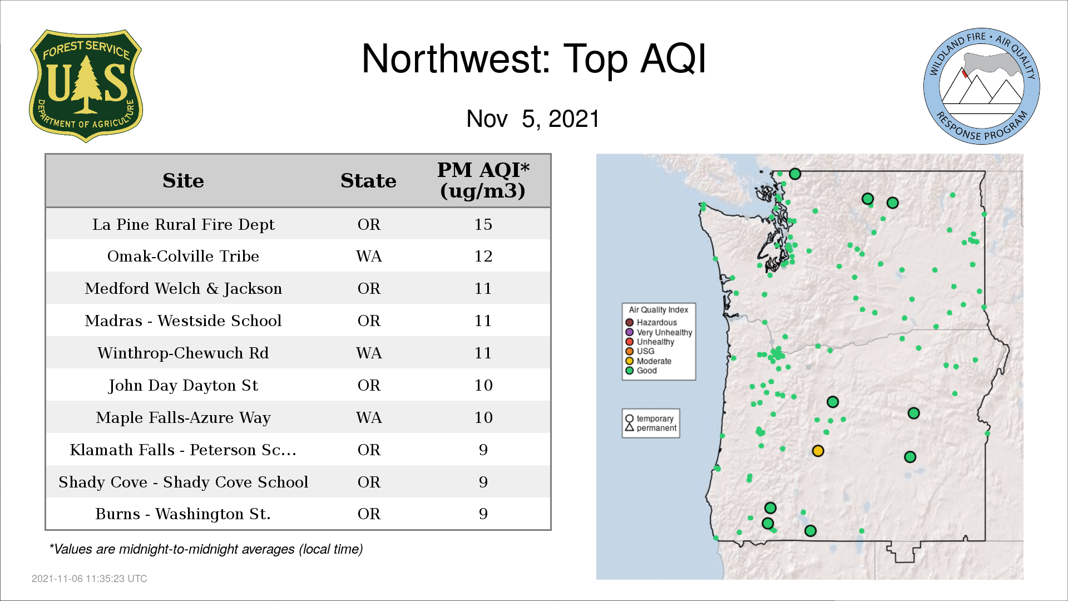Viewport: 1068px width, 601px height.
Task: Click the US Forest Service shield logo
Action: [86, 86]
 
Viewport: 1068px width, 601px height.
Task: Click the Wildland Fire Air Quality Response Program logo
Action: [981, 86]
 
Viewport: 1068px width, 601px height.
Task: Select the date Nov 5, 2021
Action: [533, 119]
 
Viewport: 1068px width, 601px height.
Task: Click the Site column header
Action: [183, 181]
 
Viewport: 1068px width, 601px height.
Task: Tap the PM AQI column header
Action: [483, 180]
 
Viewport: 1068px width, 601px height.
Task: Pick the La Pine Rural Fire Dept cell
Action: [183, 224]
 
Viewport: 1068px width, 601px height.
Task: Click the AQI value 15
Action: [483, 224]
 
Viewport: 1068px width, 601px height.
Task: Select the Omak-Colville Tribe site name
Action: [183, 256]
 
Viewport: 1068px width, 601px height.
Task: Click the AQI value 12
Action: [483, 256]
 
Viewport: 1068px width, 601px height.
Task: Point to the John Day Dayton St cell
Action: [183, 385]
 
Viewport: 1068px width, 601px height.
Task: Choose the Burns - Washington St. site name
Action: [183, 514]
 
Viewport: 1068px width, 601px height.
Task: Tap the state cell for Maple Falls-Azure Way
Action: [369, 417]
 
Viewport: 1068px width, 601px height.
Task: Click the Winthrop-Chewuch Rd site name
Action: [183, 353]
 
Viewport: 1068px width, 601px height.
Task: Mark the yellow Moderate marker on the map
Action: [818, 451]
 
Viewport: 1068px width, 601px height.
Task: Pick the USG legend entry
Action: [640, 351]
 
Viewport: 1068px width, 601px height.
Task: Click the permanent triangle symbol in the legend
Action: [629, 427]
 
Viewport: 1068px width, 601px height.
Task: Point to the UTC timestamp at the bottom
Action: [90, 579]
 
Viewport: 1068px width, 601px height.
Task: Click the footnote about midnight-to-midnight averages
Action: [206, 549]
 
